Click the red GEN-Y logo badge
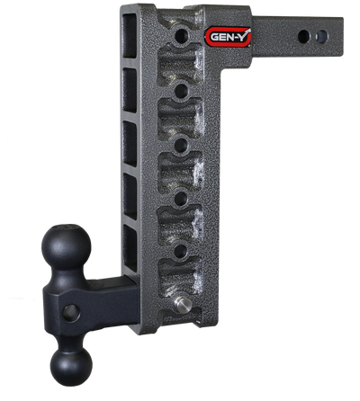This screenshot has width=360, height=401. coord(228,37)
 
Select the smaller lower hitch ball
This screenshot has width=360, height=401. coord(71,367)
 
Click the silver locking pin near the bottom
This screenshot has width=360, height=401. coord(183,305)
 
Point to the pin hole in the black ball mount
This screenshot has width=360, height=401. coord(71,313)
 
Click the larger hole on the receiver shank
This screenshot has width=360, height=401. coord(304,36)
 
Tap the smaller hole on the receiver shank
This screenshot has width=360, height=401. coord(322,36)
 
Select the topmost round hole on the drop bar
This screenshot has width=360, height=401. coord(182,36)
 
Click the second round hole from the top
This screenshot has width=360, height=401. coord(181,91)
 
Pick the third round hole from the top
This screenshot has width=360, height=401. coord(181,146)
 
